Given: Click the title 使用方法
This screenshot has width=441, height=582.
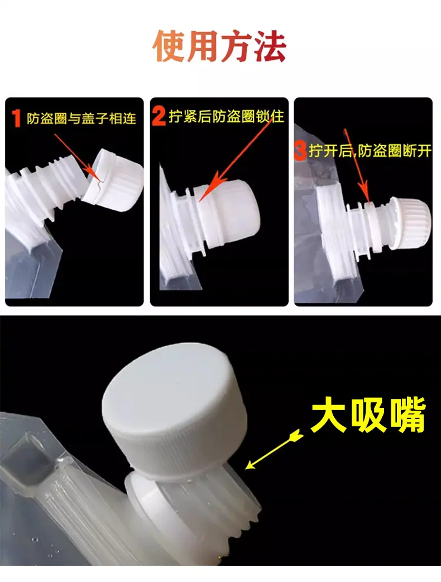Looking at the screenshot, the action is (x=219, y=46).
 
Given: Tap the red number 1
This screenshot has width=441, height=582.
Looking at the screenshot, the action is (x=16, y=118).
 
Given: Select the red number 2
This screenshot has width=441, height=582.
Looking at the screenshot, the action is (x=159, y=116).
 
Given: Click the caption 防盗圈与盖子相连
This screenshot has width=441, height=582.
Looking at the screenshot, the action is (x=82, y=118).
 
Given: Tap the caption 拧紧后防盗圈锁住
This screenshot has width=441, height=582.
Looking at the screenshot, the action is (x=227, y=116).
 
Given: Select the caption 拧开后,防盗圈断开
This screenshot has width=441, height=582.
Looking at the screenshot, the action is (x=370, y=151).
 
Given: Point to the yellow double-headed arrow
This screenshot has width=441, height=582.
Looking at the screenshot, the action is (x=274, y=450).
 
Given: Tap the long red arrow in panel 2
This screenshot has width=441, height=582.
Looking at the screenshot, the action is (x=236, y=160).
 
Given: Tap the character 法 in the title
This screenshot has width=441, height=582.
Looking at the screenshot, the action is (x=270, y=46).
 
